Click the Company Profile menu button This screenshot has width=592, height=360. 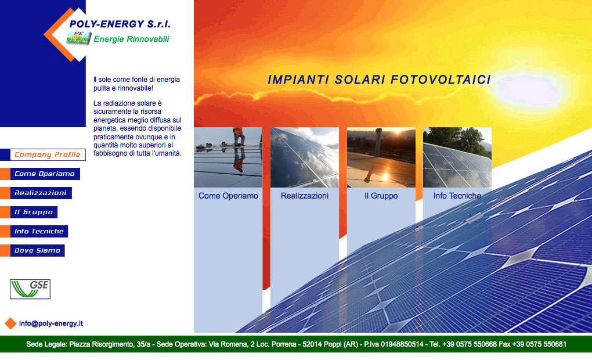48,154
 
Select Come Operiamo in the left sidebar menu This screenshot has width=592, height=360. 45,174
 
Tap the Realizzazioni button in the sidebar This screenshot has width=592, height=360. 41,193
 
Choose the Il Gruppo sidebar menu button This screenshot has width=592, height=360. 34,213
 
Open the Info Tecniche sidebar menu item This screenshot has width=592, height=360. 39,231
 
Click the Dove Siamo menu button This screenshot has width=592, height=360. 37,250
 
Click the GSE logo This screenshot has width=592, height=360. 30,289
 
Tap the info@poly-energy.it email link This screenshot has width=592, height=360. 51,323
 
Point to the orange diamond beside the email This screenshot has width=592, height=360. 10,323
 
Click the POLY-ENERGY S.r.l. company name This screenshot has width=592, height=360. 120,24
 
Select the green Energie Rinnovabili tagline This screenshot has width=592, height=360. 131,39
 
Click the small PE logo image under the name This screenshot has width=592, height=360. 79,38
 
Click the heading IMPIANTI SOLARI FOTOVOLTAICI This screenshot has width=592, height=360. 380,80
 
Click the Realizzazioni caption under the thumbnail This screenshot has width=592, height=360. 305,196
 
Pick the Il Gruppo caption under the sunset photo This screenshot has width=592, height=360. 381,196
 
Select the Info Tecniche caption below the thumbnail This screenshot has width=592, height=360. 457,196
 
